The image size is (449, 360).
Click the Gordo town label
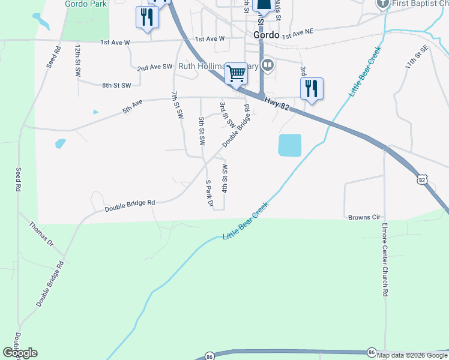click(266, 35)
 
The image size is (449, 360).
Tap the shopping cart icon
click(237, 74)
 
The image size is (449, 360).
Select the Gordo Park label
click(85, 4)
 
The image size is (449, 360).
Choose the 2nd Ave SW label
click(155, 68)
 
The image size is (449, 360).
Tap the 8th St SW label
click(116, 86)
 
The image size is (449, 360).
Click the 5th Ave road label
click(133, 106)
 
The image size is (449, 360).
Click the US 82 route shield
click(423, 179)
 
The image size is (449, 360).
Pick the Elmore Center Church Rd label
click(385, 260)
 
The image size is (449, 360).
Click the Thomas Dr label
click(41, 233)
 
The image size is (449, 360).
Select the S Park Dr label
click(209, 194)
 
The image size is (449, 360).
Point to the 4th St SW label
click(224, 178)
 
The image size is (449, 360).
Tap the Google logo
click(20, 353)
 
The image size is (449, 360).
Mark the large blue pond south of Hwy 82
click(289, 145)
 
